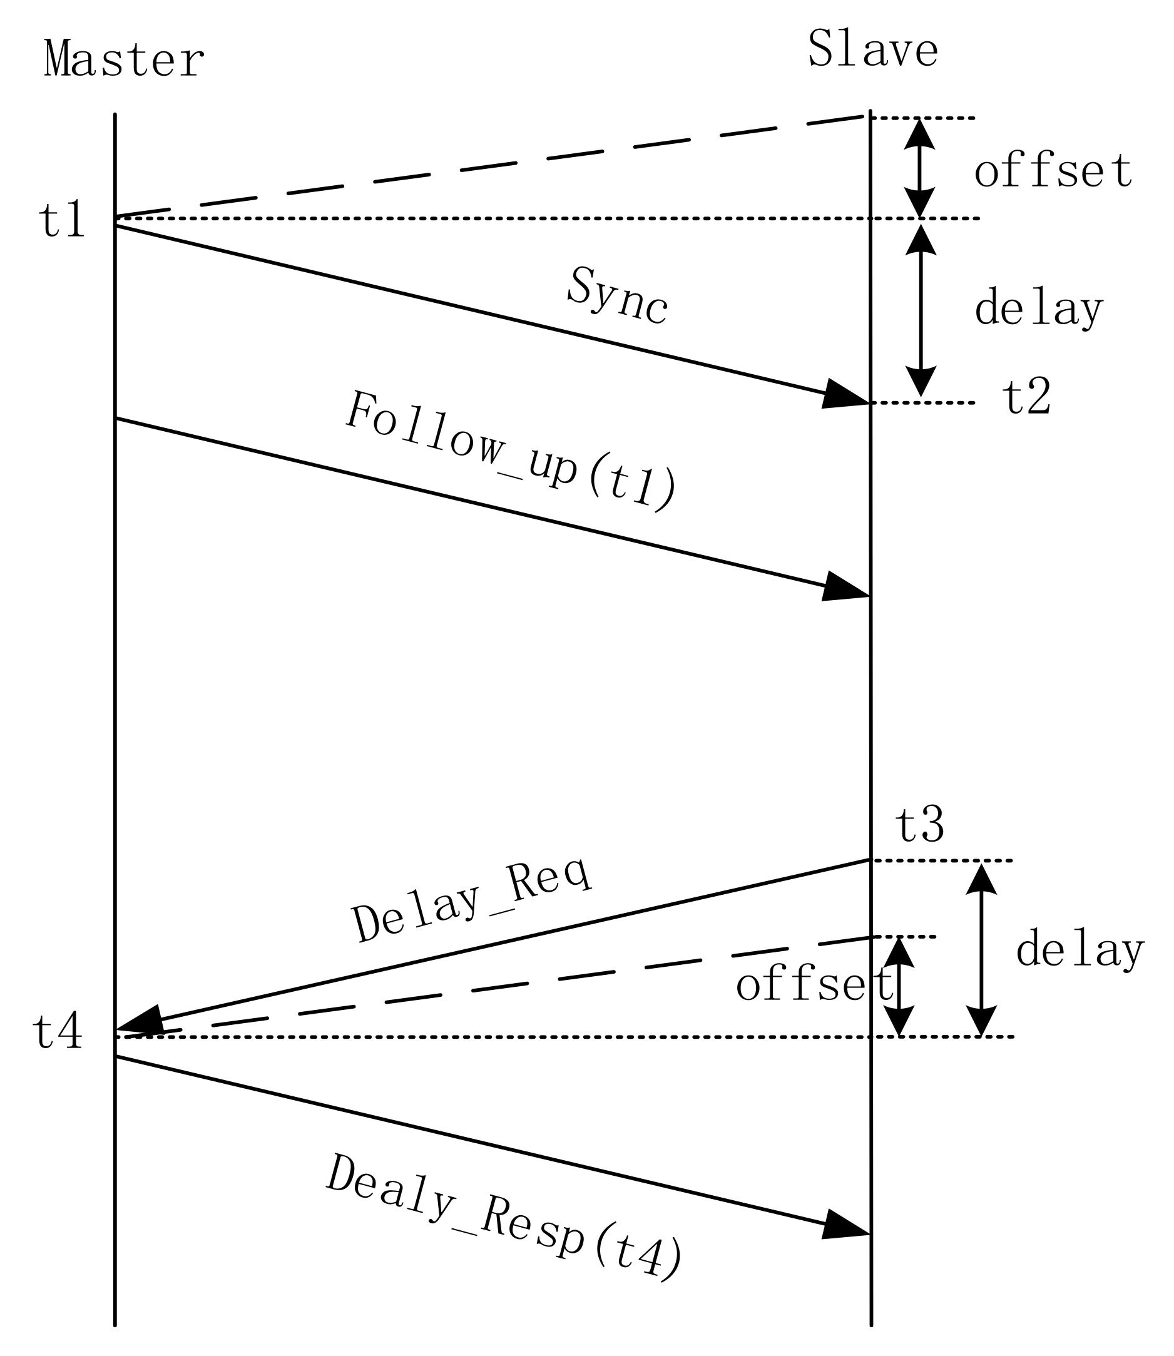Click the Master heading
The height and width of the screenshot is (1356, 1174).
[125, 59]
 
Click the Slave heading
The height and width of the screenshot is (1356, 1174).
[872, 49]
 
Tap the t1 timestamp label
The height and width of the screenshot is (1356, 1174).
[62, 220]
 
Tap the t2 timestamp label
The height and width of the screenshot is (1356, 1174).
[1026, 397]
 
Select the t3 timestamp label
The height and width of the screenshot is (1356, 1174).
[919, 825]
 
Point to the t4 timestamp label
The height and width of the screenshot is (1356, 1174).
[58, 1032]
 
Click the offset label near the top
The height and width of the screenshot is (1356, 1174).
[1053, 171]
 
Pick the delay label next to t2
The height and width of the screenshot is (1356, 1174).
[1039, 308]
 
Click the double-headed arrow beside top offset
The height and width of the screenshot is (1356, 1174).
[920, 168]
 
